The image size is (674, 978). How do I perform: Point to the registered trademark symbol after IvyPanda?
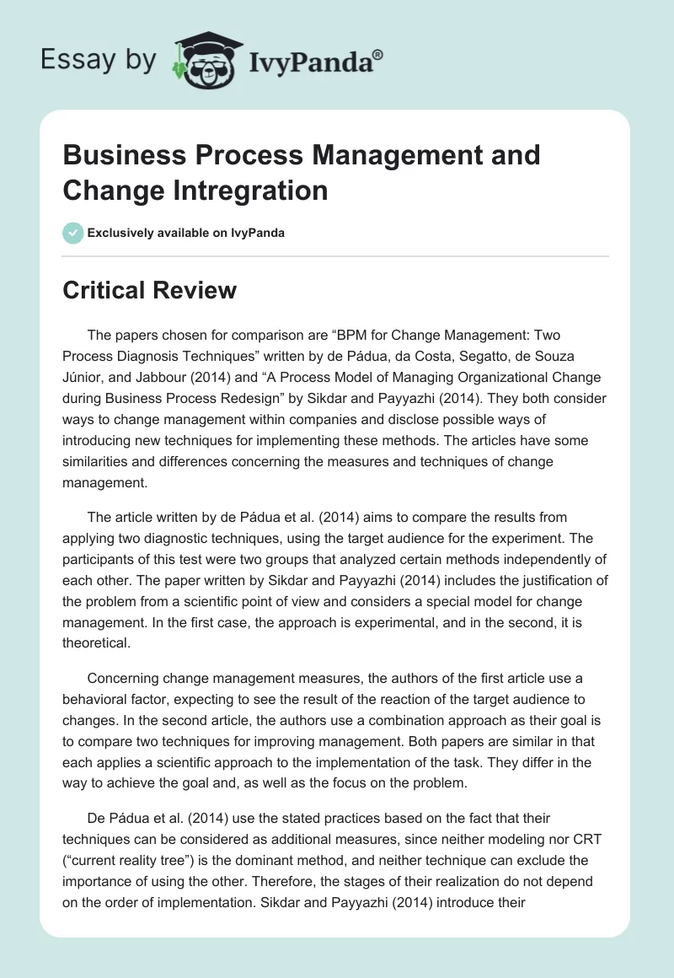[377, 53]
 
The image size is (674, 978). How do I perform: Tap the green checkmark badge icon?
[72, 233]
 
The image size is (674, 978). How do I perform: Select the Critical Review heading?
[150, 291]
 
